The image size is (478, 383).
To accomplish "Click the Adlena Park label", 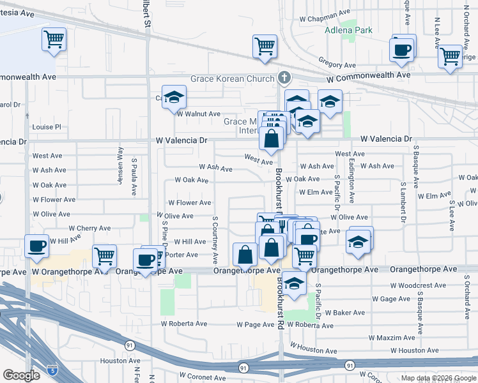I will [x=348, y=30].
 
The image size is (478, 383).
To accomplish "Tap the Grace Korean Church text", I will [x=233, y=79].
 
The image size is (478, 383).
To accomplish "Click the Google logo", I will [x=22, y=375].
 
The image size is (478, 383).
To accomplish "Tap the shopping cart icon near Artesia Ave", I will [x=54, y=39].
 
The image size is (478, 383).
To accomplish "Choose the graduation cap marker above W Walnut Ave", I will [x=174, y=97].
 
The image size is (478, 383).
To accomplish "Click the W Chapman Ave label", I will [x=328, y=12].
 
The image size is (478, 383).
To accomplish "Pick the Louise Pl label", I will [x=47, y=127].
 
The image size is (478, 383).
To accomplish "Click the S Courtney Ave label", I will [x=215, y=240].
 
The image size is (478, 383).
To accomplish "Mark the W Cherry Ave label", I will [x=89, y=228].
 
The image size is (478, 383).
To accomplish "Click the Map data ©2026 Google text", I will [x=438, y=378].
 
